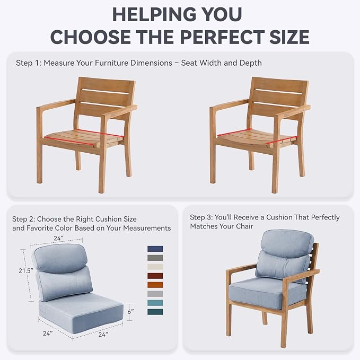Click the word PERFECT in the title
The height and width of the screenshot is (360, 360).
(x=223, y=37)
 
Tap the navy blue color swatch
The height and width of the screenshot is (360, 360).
(x=155, y=249)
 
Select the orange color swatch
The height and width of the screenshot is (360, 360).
(x=155, y=285)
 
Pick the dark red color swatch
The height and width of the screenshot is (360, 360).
(x=155, y=276)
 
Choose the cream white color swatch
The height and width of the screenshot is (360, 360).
(x=155, y=267)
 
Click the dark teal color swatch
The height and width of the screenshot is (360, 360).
(x=155, y=312)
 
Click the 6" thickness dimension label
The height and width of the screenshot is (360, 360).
(x=130, y=312)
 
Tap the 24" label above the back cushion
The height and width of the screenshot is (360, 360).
(x=58, y=238)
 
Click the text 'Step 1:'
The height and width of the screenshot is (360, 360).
(x=29, y=63)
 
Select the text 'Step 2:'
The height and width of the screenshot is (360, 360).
(x=23, y=219)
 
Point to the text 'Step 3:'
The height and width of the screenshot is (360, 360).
(x=201, y=217)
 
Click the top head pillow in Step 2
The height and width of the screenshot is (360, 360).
(x=61, y=258)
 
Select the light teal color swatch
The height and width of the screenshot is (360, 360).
(x=155, y=303)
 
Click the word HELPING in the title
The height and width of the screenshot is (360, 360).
(x=153, y=14)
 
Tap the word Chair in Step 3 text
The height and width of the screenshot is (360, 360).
(x=244, y=226)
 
